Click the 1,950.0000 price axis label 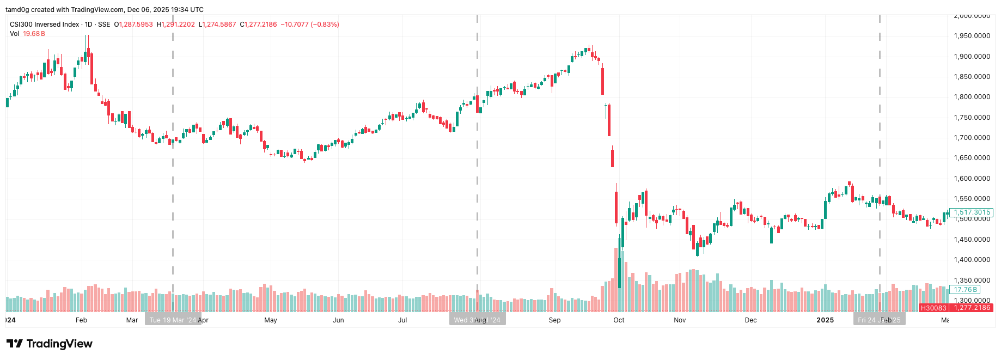[x=972, y=36]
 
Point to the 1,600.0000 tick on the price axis [x=972, y=179]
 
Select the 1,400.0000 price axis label [x=972, y=260]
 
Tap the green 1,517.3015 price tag [x=972, y=212]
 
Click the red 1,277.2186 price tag [x=972, y=308]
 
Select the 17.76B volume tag [x=965, y=290]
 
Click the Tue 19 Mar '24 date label [x=172, y=320]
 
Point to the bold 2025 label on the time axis [x=825, y=320]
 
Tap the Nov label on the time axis [x=679, y=320]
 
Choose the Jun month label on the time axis [x=338, y=320]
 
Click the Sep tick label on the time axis [x=554, y=320]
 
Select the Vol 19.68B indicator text [x=27, y=34]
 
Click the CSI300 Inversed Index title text [x=44, y=25]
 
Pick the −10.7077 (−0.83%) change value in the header [x=309, y=25]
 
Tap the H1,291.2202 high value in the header [x=175, y=25]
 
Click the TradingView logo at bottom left [x=49, y=344]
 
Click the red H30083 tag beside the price [x=933, y=308]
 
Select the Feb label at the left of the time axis [x=81, y=320]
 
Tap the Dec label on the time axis [x=750, y=320]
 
